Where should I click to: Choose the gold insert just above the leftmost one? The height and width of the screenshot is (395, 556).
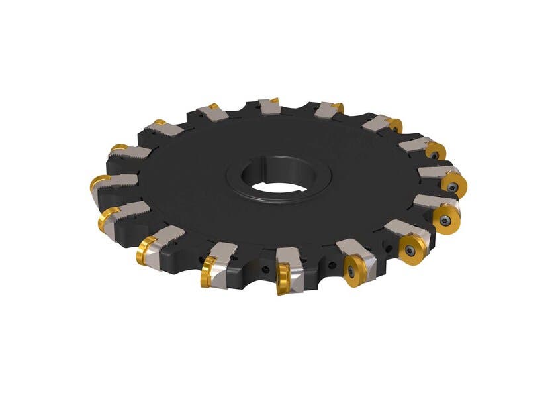coord(118,148)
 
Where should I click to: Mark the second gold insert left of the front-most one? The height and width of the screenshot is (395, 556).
coord(146,252)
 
